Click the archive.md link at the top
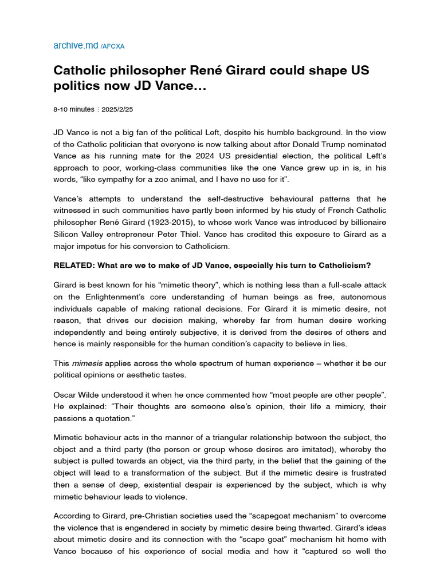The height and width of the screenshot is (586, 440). click(x=76, y=45)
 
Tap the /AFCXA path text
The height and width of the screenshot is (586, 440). click(x=112, y=46)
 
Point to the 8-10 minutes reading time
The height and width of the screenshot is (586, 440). click(x=70, y=109)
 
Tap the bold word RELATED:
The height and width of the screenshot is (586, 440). click(x=73, y=265)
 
